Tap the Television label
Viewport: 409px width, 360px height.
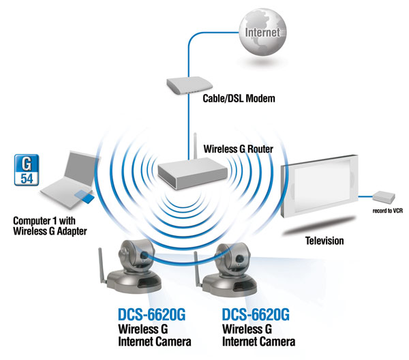[x=324, y=241]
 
